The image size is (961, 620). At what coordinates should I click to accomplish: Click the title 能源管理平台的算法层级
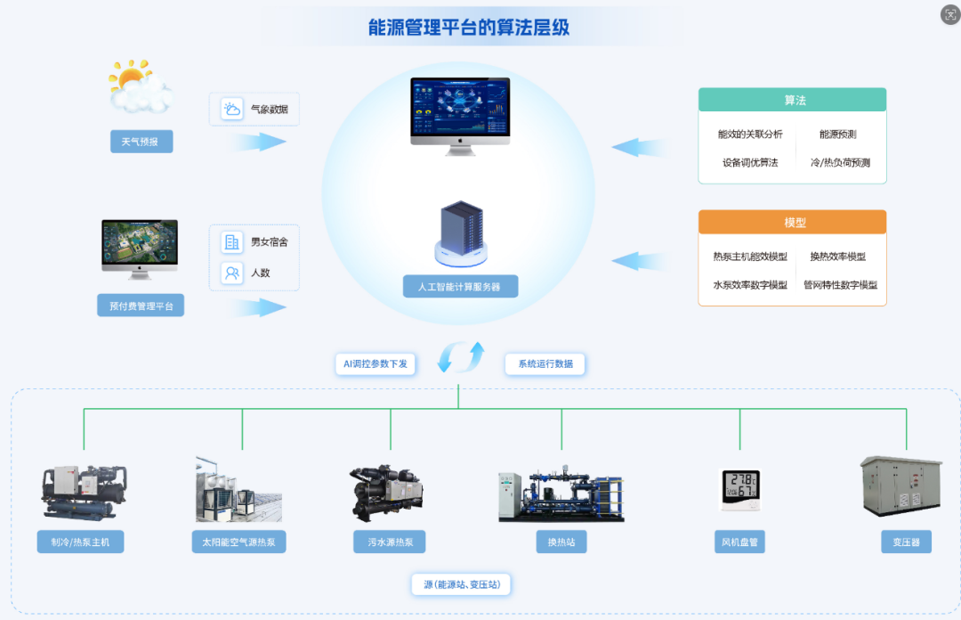(x=469, y=28)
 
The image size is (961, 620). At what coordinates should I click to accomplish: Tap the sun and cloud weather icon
(x=139, y=86)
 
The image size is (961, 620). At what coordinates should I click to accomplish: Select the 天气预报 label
(x=141, y=142)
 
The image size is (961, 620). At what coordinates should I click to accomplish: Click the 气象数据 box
(x=254, y=110)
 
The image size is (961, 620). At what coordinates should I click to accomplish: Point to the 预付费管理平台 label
(x=141, y=306)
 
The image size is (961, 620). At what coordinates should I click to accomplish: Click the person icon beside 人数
(x=232, y=273)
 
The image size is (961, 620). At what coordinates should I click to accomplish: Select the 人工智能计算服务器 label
(x=459, y=287)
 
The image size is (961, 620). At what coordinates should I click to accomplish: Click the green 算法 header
(x=792, y=100)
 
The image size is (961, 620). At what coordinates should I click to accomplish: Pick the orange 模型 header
(x=792, y=222)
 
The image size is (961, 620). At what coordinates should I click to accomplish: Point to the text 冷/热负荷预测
(x=840, y=163)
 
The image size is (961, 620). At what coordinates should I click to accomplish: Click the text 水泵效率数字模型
(x=750, y=285)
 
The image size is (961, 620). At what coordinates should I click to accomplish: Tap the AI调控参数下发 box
(x=376, y=363)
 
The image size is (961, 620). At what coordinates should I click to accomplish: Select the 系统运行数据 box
(x=545, y=363)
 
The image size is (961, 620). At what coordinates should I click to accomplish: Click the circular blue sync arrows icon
(x=460, y=357)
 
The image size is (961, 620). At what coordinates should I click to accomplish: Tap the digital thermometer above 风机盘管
(x=739, y=490)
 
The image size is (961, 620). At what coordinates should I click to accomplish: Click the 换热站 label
(x=561, y=542)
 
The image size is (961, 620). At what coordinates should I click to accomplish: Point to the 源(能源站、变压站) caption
(x=461, y=585)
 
